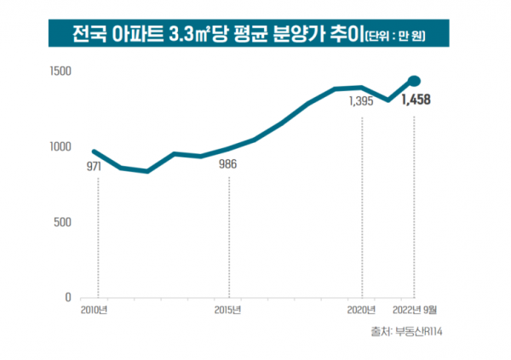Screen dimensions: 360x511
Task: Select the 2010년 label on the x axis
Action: click(94, 309)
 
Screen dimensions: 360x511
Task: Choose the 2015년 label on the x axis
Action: click(228, 309)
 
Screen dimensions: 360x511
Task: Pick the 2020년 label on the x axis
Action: click(363, 309)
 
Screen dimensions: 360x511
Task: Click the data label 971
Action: click(94, 167)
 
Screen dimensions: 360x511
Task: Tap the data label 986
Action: click(228, 164)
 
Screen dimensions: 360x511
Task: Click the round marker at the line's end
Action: click(415, 81)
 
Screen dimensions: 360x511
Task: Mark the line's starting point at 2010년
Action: click(94, 151)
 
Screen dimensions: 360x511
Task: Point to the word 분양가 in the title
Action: click(310, 35)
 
